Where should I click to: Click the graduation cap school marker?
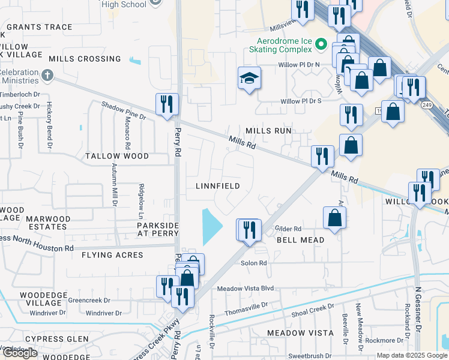249,78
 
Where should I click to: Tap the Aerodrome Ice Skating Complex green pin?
322,44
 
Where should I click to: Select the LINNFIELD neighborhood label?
218,186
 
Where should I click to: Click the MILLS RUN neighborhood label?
268,131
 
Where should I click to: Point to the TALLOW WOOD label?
116,156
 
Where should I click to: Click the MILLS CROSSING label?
85,59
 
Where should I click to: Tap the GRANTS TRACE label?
39,27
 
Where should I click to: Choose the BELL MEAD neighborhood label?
300,240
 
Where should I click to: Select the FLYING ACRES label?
112,255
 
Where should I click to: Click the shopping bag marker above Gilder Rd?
334,218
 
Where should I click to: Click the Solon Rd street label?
254,263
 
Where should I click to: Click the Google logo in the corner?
20,353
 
